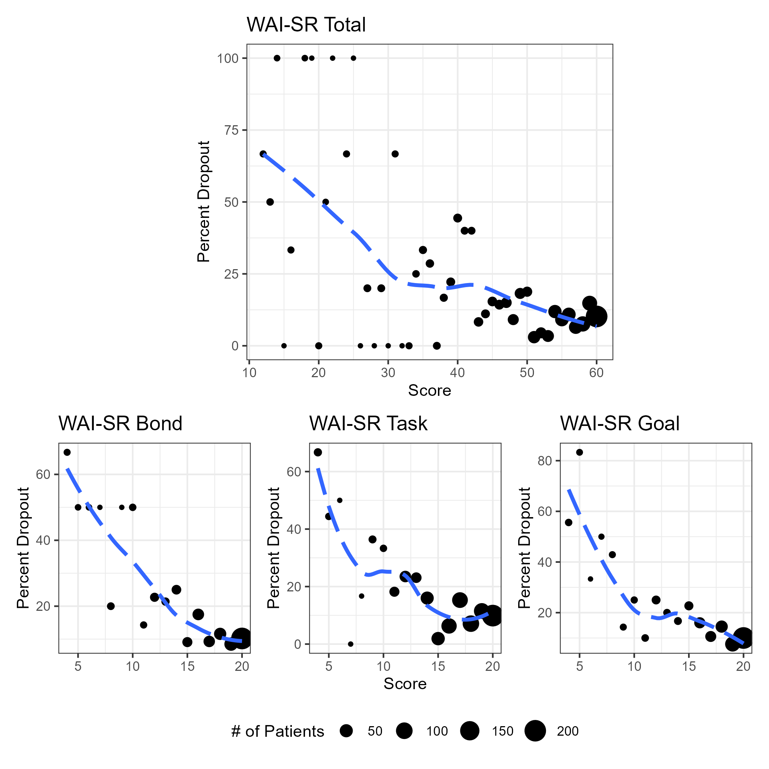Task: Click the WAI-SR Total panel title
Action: pyautogui.click(x=306, y=25)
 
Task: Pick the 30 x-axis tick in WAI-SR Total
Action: pyautogui.click(x=388, y=373)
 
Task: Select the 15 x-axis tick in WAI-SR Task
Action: pyautogui.click(x=438, y=666)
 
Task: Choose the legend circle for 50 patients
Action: pyautogui.click(x=347, y=731)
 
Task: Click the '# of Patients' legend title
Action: pyautogui.click(x=278, y=732)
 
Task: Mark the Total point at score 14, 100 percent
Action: pyautogui.click(x=277, y=58)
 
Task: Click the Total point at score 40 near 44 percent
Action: pyautogui.click(x=458, y=218)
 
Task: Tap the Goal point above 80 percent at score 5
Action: pyautogui.click(x=580, y=452)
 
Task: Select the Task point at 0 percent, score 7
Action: pyautogui.click(x=351, y=644)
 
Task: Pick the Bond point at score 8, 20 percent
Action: pyautogui.click(x=111, y=606)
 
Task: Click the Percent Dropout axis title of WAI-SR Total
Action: pyautogui.click(x=203, y=201)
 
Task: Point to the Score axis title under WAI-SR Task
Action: pyautogui.click(x=405, y=684)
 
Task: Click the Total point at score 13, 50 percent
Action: pyautogui.click(x=270, y=202)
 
